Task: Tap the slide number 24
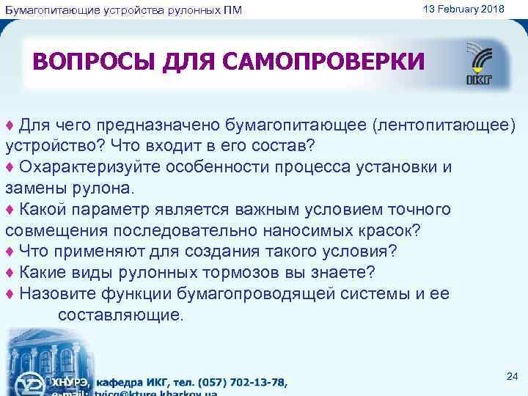point(512,376)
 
